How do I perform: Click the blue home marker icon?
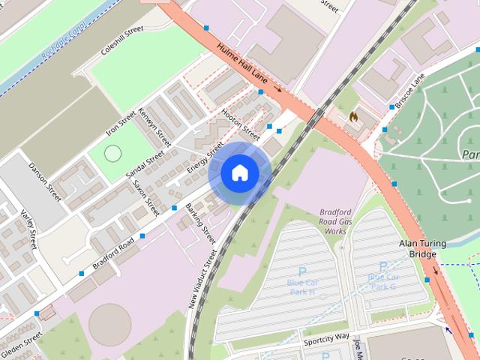239,172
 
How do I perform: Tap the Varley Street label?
28,229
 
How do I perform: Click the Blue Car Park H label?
302,286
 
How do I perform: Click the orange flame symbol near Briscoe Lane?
353,117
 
